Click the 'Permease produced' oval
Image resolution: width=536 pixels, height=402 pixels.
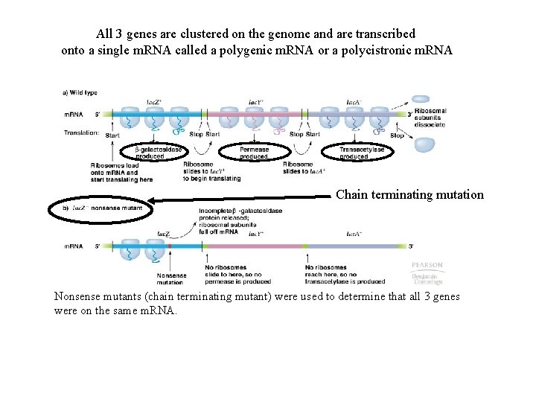pyautogui.click(x=254, y=153)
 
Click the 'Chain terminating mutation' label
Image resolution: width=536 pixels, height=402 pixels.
pyautogui.click(x=409, y=195)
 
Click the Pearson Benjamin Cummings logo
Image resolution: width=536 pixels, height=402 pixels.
pyautogui.click(x=427, y=272)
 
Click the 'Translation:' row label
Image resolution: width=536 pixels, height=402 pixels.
pyautogui.click(x=82, y=133)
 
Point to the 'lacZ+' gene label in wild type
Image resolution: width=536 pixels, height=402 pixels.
pyautogui.click(x=154, y=101)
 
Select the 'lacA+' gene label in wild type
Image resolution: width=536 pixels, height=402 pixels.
pyautogui.click(x=355, y=101)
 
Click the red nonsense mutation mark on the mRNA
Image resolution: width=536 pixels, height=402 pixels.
pyautogui.click(x=170, y=245)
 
